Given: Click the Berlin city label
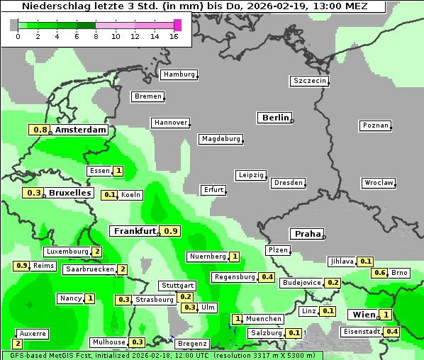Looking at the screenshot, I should tap(275, 118).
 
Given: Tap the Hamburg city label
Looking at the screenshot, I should tap(179, 74).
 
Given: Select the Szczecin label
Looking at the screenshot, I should tap(310, 81).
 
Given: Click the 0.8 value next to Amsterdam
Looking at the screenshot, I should tap(40, 130).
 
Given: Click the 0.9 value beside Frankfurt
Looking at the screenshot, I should tap(170, 231).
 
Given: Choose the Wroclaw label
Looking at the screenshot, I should tap(379, 183).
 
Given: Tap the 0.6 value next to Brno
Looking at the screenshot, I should tap(380, 273).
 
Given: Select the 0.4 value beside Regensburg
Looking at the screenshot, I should tap(267, 277).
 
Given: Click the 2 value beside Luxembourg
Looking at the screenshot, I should tap(97, 252).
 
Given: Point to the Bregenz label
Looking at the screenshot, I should tap(191, 344).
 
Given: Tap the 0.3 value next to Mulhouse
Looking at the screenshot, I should tap(138, 342).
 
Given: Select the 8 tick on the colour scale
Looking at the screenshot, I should tap(96, 36).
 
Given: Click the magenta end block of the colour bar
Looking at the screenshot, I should tap(177, 25).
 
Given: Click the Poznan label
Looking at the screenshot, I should tap(376, 125).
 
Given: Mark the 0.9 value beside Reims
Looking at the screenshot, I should tap(21, 266).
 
